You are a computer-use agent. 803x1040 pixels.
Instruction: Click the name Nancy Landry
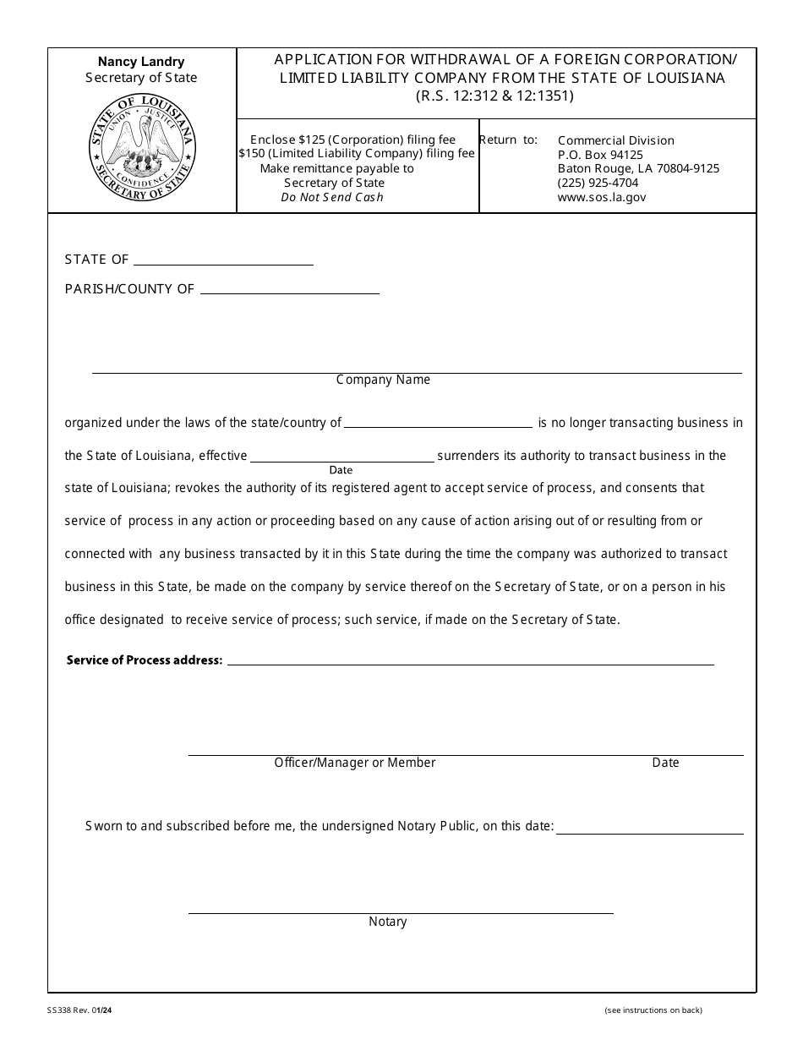click(x=141, y=62)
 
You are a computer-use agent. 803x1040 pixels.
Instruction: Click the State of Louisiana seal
click(x=141, y=148)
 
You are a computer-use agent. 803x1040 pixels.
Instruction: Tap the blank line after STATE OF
click(x=223, y=261)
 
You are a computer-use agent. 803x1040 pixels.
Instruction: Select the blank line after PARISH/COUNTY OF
click(x=289, y=290)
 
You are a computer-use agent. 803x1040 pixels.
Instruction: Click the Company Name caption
click(x=383, y=380)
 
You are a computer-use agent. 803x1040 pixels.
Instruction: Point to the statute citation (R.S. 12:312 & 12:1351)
click(x=494, y=96)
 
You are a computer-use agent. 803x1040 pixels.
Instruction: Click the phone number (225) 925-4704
click(x=598, y=183)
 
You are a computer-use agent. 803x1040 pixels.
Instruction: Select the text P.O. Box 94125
click(x=600, y=155)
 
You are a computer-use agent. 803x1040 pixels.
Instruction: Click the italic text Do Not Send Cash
click(x=332, y=197)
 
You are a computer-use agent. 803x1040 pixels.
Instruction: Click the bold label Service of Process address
click(x=144, y=660)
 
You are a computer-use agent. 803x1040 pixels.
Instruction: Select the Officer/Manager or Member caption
click(x=354, y=763)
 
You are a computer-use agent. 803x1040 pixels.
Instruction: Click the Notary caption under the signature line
click(x=387, y=922)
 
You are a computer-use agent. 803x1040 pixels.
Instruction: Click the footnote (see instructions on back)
click(x=653, y=1010)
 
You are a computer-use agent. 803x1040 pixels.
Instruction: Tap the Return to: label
click(x=508, y=140)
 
